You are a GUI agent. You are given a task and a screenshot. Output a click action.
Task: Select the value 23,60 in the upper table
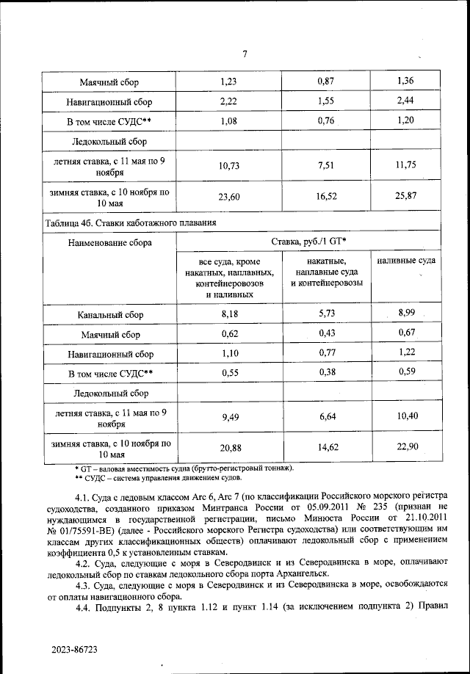coord(230,198)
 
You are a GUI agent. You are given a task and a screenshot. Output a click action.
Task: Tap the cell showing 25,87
coord(405,198)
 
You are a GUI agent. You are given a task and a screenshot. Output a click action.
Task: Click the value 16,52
coord(325,198)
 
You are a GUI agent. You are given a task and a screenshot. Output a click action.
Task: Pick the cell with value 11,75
coord(405,165)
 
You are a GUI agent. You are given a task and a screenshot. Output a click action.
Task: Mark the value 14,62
coord(325,448)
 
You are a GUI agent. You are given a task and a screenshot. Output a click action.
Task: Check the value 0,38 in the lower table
coord(325,372)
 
